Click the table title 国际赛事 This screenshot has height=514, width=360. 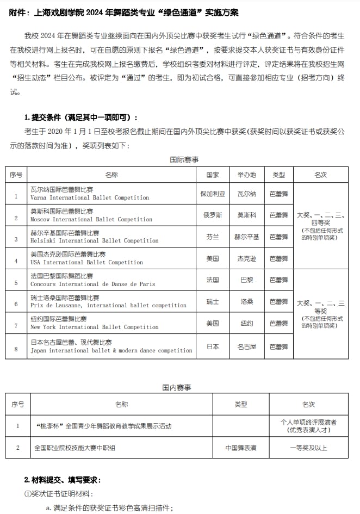click(184, 159)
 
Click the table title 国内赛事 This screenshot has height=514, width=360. click(176, 387)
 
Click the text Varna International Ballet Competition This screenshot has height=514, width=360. click(90, 197)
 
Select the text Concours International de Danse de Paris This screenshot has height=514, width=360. click(92, 284)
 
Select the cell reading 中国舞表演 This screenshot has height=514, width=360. click(241, 448)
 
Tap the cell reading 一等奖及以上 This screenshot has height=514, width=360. click(308, 448)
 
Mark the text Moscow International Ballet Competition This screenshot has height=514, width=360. click(91, 219)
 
